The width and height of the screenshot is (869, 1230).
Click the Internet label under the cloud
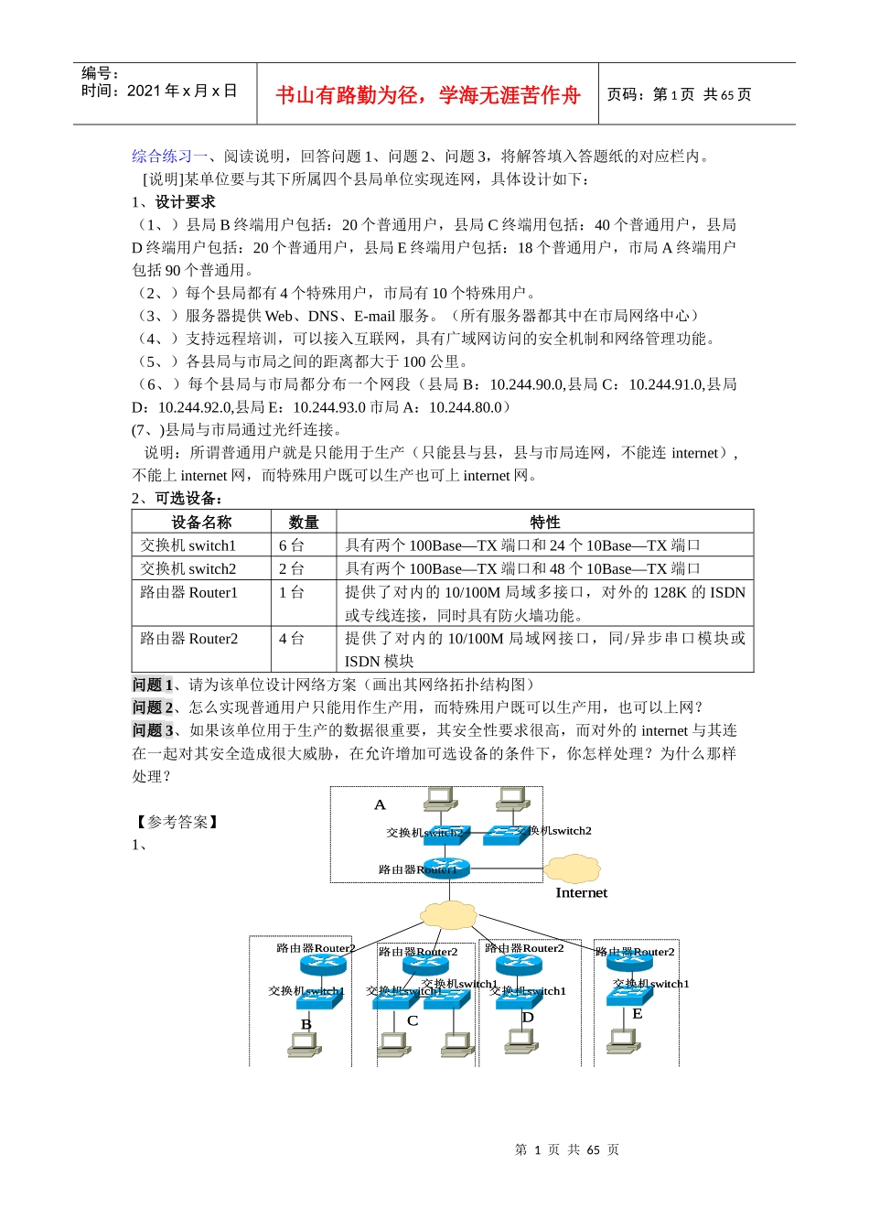point(581,892)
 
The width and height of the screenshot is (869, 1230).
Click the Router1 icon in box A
point(446,867)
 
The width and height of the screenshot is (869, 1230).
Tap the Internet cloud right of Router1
point(572,867)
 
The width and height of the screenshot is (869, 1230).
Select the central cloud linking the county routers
point(448,913)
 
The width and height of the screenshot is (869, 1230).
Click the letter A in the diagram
point(380,804)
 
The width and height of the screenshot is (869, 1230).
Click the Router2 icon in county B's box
point(323,965)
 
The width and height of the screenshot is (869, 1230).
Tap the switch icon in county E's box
point(629,995)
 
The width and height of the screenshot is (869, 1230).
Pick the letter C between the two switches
point(413,1020)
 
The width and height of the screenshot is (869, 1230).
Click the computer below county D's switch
point(520,1041)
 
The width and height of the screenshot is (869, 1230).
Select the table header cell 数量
point(304,522)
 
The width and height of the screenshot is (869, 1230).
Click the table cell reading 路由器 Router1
point(189,592)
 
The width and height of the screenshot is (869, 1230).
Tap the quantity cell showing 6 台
point(292,545)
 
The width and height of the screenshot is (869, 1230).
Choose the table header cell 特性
point(544,522)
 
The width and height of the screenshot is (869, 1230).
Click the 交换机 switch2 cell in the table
point(188,568)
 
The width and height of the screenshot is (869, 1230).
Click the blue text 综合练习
point(162,156)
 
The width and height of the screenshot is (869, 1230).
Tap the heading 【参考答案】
point(177,822)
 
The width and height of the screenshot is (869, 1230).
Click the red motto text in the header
point(427,95)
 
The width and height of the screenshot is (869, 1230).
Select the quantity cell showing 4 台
point(292,638)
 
